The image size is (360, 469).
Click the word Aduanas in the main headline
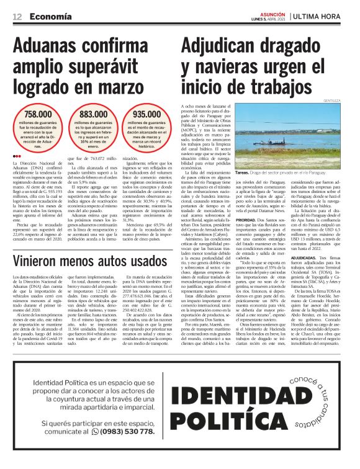(x=52, y=46)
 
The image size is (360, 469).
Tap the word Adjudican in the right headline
(x=223, y=46)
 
